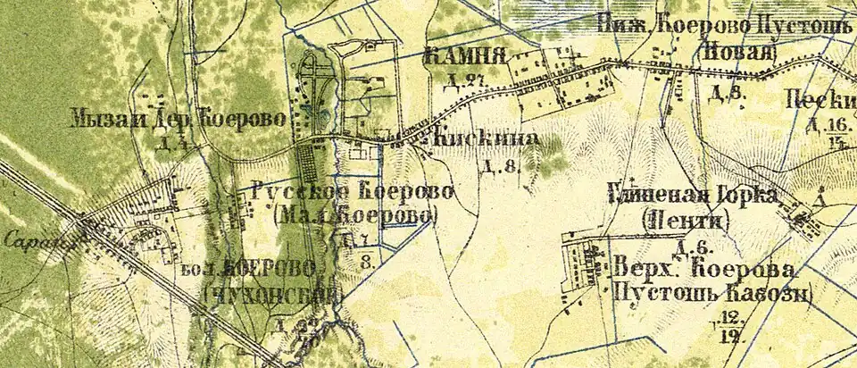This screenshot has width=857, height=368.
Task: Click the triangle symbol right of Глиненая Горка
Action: [x=819, y=204]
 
